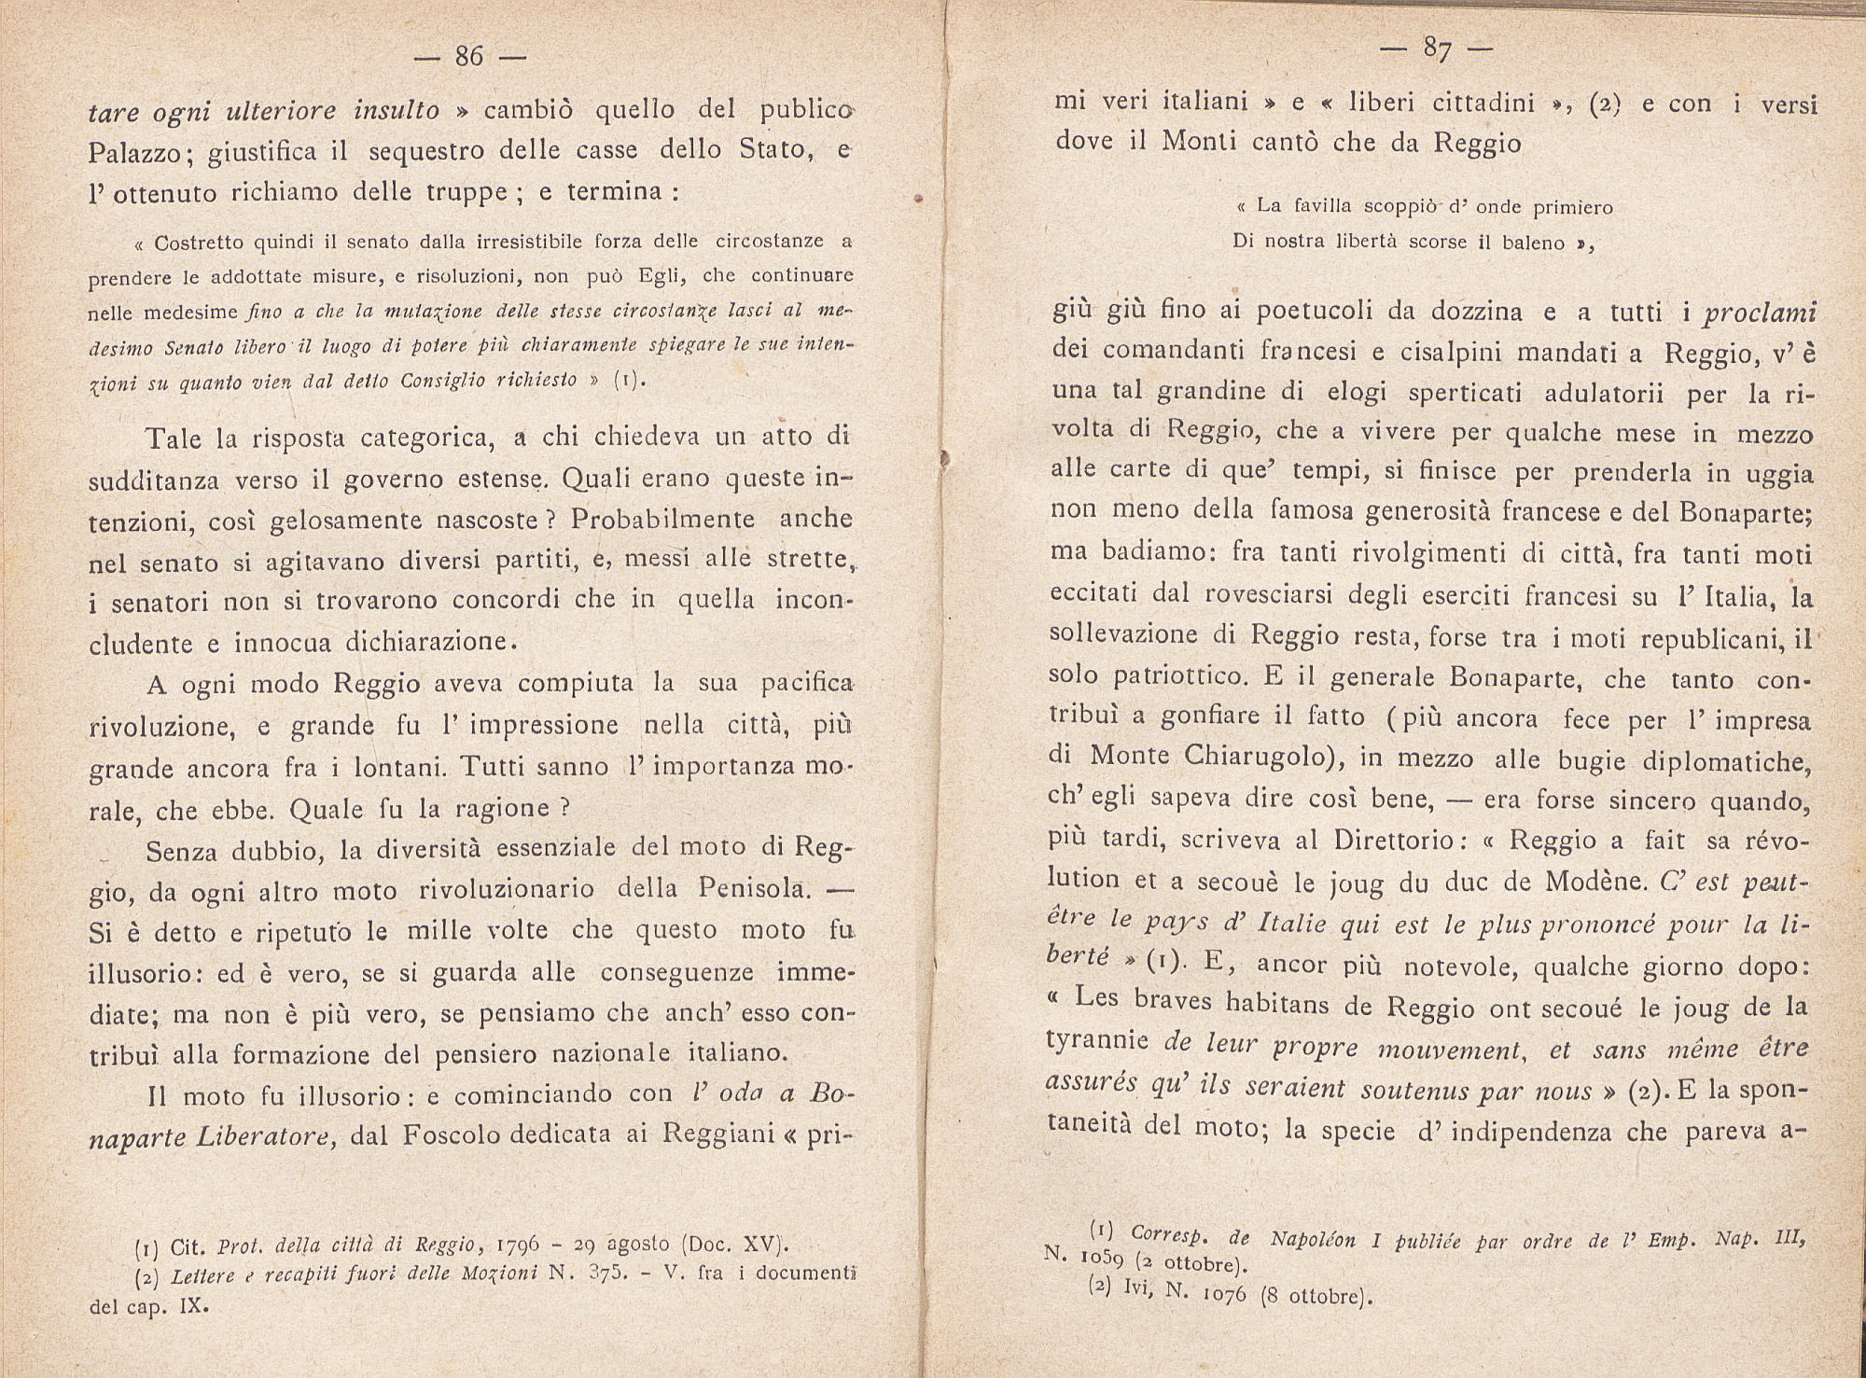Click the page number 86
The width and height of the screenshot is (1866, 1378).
(x=468, y=57)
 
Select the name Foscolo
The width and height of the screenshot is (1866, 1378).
(x=454, y=1135)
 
